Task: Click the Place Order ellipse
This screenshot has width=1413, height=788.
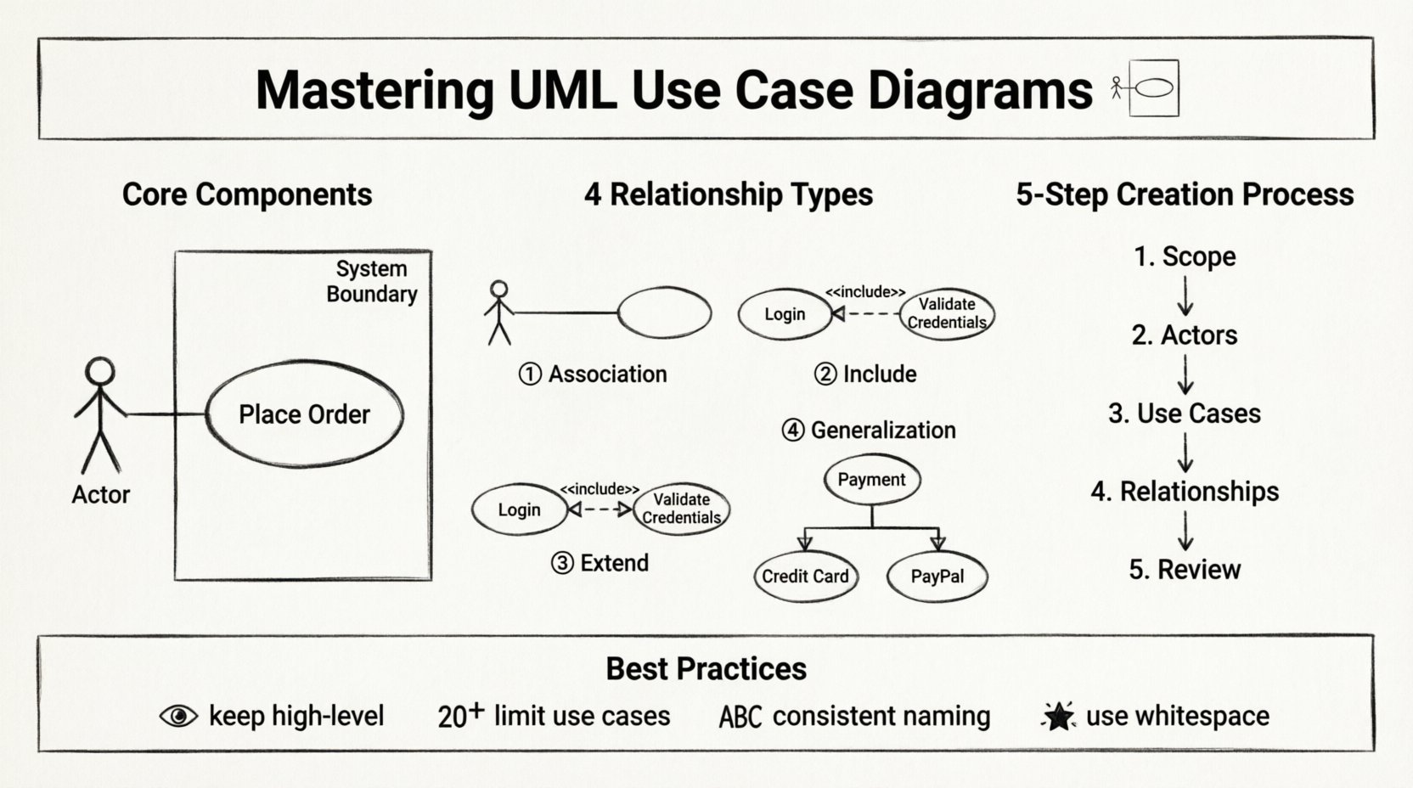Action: point(304,414)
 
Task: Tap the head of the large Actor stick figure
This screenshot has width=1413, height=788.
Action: point(100,372)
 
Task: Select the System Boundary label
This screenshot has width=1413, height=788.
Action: point(372,281)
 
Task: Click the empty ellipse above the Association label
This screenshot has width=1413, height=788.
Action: point(664,312)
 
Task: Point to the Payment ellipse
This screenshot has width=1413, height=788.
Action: point(871,480)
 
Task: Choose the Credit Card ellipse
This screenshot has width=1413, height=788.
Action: point(805,577)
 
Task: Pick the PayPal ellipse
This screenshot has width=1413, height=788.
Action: point(937,577)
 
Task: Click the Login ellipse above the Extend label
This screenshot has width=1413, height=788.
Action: point(519,509)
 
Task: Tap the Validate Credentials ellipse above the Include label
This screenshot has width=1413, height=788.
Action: point(946,313)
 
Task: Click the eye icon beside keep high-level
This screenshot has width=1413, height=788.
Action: point(178,717)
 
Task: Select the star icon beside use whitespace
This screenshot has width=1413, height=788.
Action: point(1058,717)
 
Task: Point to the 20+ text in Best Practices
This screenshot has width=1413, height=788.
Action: point(460,716)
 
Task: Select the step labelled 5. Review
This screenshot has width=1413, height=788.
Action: point(1185,570)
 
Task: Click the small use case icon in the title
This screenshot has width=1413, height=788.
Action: point(1147,87)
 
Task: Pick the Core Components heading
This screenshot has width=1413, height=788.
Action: point(247,194)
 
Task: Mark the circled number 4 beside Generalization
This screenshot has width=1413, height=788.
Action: point(792,431)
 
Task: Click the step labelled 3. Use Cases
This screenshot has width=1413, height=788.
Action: point(1185,414)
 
